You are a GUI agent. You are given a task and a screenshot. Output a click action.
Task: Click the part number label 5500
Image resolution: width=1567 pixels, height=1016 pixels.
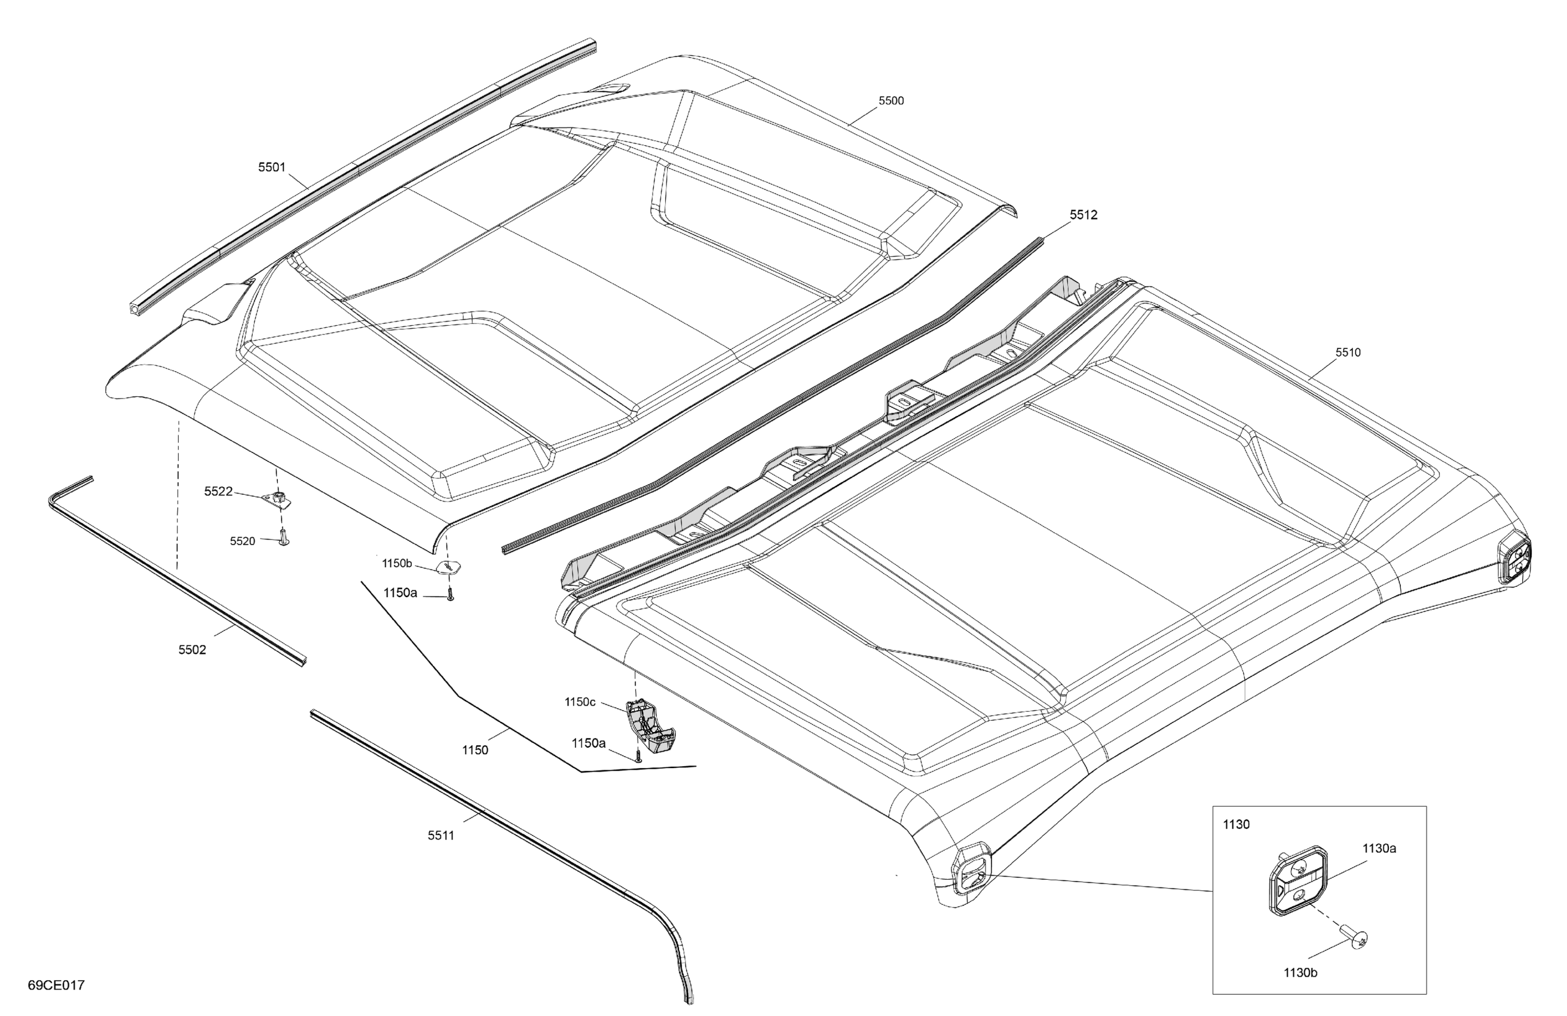[x=891, y=101]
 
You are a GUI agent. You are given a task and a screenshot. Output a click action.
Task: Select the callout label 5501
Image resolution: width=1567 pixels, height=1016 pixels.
[x=271, y=167]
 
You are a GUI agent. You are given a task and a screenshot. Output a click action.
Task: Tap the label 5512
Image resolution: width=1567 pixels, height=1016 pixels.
[x=1083, y=215]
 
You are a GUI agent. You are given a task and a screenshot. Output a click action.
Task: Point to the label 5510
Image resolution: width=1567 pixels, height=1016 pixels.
[x=1348, y=352]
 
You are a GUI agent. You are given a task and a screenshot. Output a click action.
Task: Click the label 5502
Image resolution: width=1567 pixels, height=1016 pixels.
[x=192, y=650]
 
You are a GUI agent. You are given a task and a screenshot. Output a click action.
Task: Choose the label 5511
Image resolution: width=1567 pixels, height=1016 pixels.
[x=441, y=836]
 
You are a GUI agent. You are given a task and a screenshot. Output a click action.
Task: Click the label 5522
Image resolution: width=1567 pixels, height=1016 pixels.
[x=218, y=491]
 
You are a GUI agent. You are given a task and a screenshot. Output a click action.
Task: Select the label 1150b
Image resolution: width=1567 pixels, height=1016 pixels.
[x=397, y=564]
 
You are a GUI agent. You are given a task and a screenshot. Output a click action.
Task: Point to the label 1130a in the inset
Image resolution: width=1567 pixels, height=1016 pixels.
[x=1379, y=849]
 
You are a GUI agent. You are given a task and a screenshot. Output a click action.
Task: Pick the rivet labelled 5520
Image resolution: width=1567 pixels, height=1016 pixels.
[x=284, y=538]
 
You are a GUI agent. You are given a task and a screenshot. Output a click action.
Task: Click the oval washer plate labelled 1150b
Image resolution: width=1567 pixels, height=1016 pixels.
[x=448, y=567]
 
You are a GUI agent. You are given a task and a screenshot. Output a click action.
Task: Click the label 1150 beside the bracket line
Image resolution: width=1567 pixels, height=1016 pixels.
[x=475, y=750]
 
